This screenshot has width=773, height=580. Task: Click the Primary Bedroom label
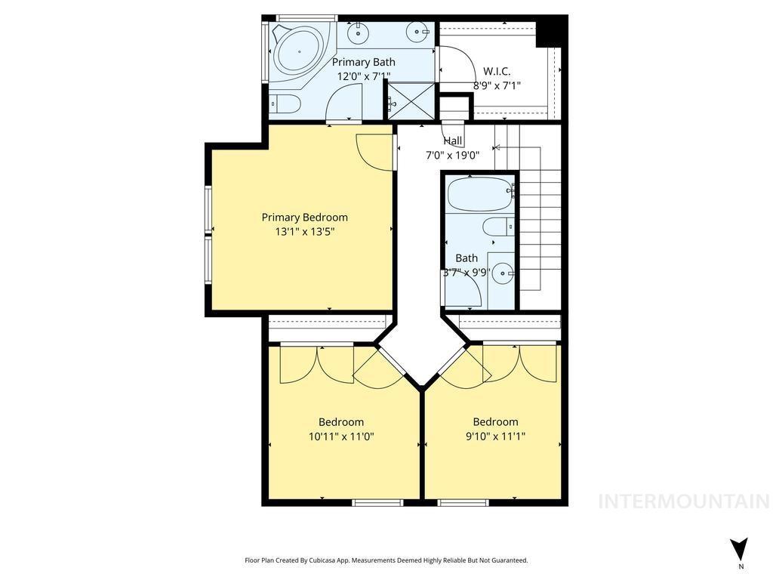point(304,217)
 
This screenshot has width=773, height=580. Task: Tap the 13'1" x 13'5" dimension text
point(304,232)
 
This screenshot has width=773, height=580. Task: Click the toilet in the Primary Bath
point(286,103)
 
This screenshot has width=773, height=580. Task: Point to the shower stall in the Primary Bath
point(411,100)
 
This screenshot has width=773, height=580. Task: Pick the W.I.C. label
point(497,71)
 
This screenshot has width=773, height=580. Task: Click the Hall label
point(453,140)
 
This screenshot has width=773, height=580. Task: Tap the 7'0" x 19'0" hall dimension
point(453,155)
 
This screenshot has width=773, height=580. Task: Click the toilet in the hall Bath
point(498,227)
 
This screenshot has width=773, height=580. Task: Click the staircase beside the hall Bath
point(540,227)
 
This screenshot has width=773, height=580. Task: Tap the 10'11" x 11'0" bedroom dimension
point(341,436)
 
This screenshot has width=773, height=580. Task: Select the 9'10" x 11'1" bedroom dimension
point(495,436)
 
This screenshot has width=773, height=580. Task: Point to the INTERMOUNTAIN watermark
point(684,501)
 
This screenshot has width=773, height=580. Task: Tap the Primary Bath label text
point(364,62)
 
